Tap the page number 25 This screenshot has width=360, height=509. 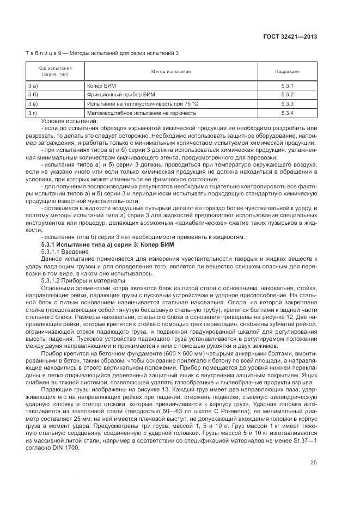pyautogui.click(x=313, y=462)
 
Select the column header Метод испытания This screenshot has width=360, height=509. pyautogui.click(x=170, y=71)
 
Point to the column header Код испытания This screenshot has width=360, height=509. pyautogui.click(x=54, y=71)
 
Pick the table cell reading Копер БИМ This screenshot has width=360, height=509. pyautogui.click(x=102, y=86)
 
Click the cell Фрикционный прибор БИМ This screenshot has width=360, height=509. pyautogui.click(x=117, y=95)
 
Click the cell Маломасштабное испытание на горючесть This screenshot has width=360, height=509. pyautogui.click(x=141, y=113)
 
